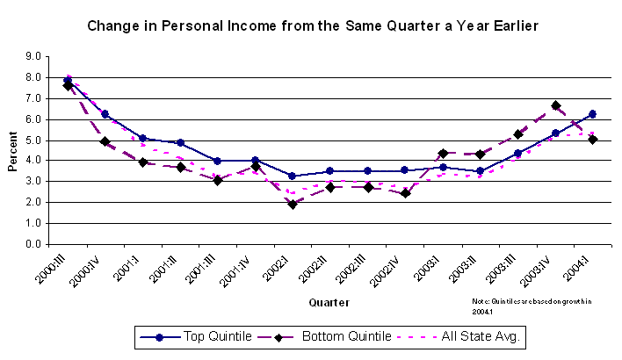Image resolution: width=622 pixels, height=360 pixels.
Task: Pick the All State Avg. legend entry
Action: (x=460, y=336)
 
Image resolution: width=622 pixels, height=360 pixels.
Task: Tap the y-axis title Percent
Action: (x=15, y=150)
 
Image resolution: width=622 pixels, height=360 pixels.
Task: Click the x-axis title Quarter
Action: (x=329, y=303)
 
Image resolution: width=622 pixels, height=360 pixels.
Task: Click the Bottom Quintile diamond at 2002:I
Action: (x=293, y=204)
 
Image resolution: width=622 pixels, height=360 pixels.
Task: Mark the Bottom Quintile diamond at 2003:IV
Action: (x=555, y=105)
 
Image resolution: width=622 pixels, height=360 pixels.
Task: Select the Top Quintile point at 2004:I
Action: (x=592, y=114)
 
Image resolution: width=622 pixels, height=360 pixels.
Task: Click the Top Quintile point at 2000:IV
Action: (x=105, y=114)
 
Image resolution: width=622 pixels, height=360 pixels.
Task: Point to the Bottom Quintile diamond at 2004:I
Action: (x=592, y=139)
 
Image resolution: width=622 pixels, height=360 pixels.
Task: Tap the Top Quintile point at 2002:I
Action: (x=293, y=176)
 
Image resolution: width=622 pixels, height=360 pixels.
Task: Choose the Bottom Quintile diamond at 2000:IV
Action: (x=105, y=141)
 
